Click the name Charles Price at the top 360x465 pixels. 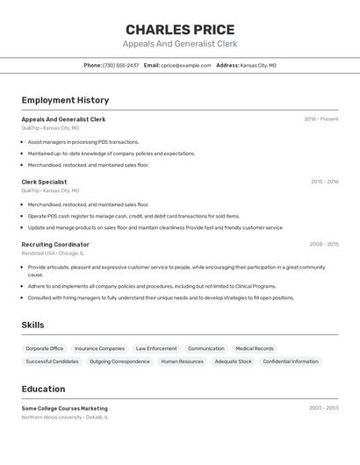point(179,29)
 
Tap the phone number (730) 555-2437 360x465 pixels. point(120,65)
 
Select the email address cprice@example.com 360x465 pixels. point(185,65)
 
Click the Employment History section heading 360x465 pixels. point(65,100)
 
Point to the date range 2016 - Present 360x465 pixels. point(320,119)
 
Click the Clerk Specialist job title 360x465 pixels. point(44,182)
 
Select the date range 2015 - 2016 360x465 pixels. point(324,182)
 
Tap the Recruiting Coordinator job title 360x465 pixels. point(55,244)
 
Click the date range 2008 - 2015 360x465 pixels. point(324,244)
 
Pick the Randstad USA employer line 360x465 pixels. point(54,253)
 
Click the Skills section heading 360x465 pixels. point(32,325)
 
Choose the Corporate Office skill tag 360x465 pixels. point(44,348)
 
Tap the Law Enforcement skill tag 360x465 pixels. point(156,348)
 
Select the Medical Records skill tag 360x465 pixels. point(255,348)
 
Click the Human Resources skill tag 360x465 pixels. point(182,361)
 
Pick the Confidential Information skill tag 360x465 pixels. point(291,361)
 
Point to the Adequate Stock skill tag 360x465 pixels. point(233,361)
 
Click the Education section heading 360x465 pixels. point(43,389)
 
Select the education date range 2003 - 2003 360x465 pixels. point(324,408)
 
